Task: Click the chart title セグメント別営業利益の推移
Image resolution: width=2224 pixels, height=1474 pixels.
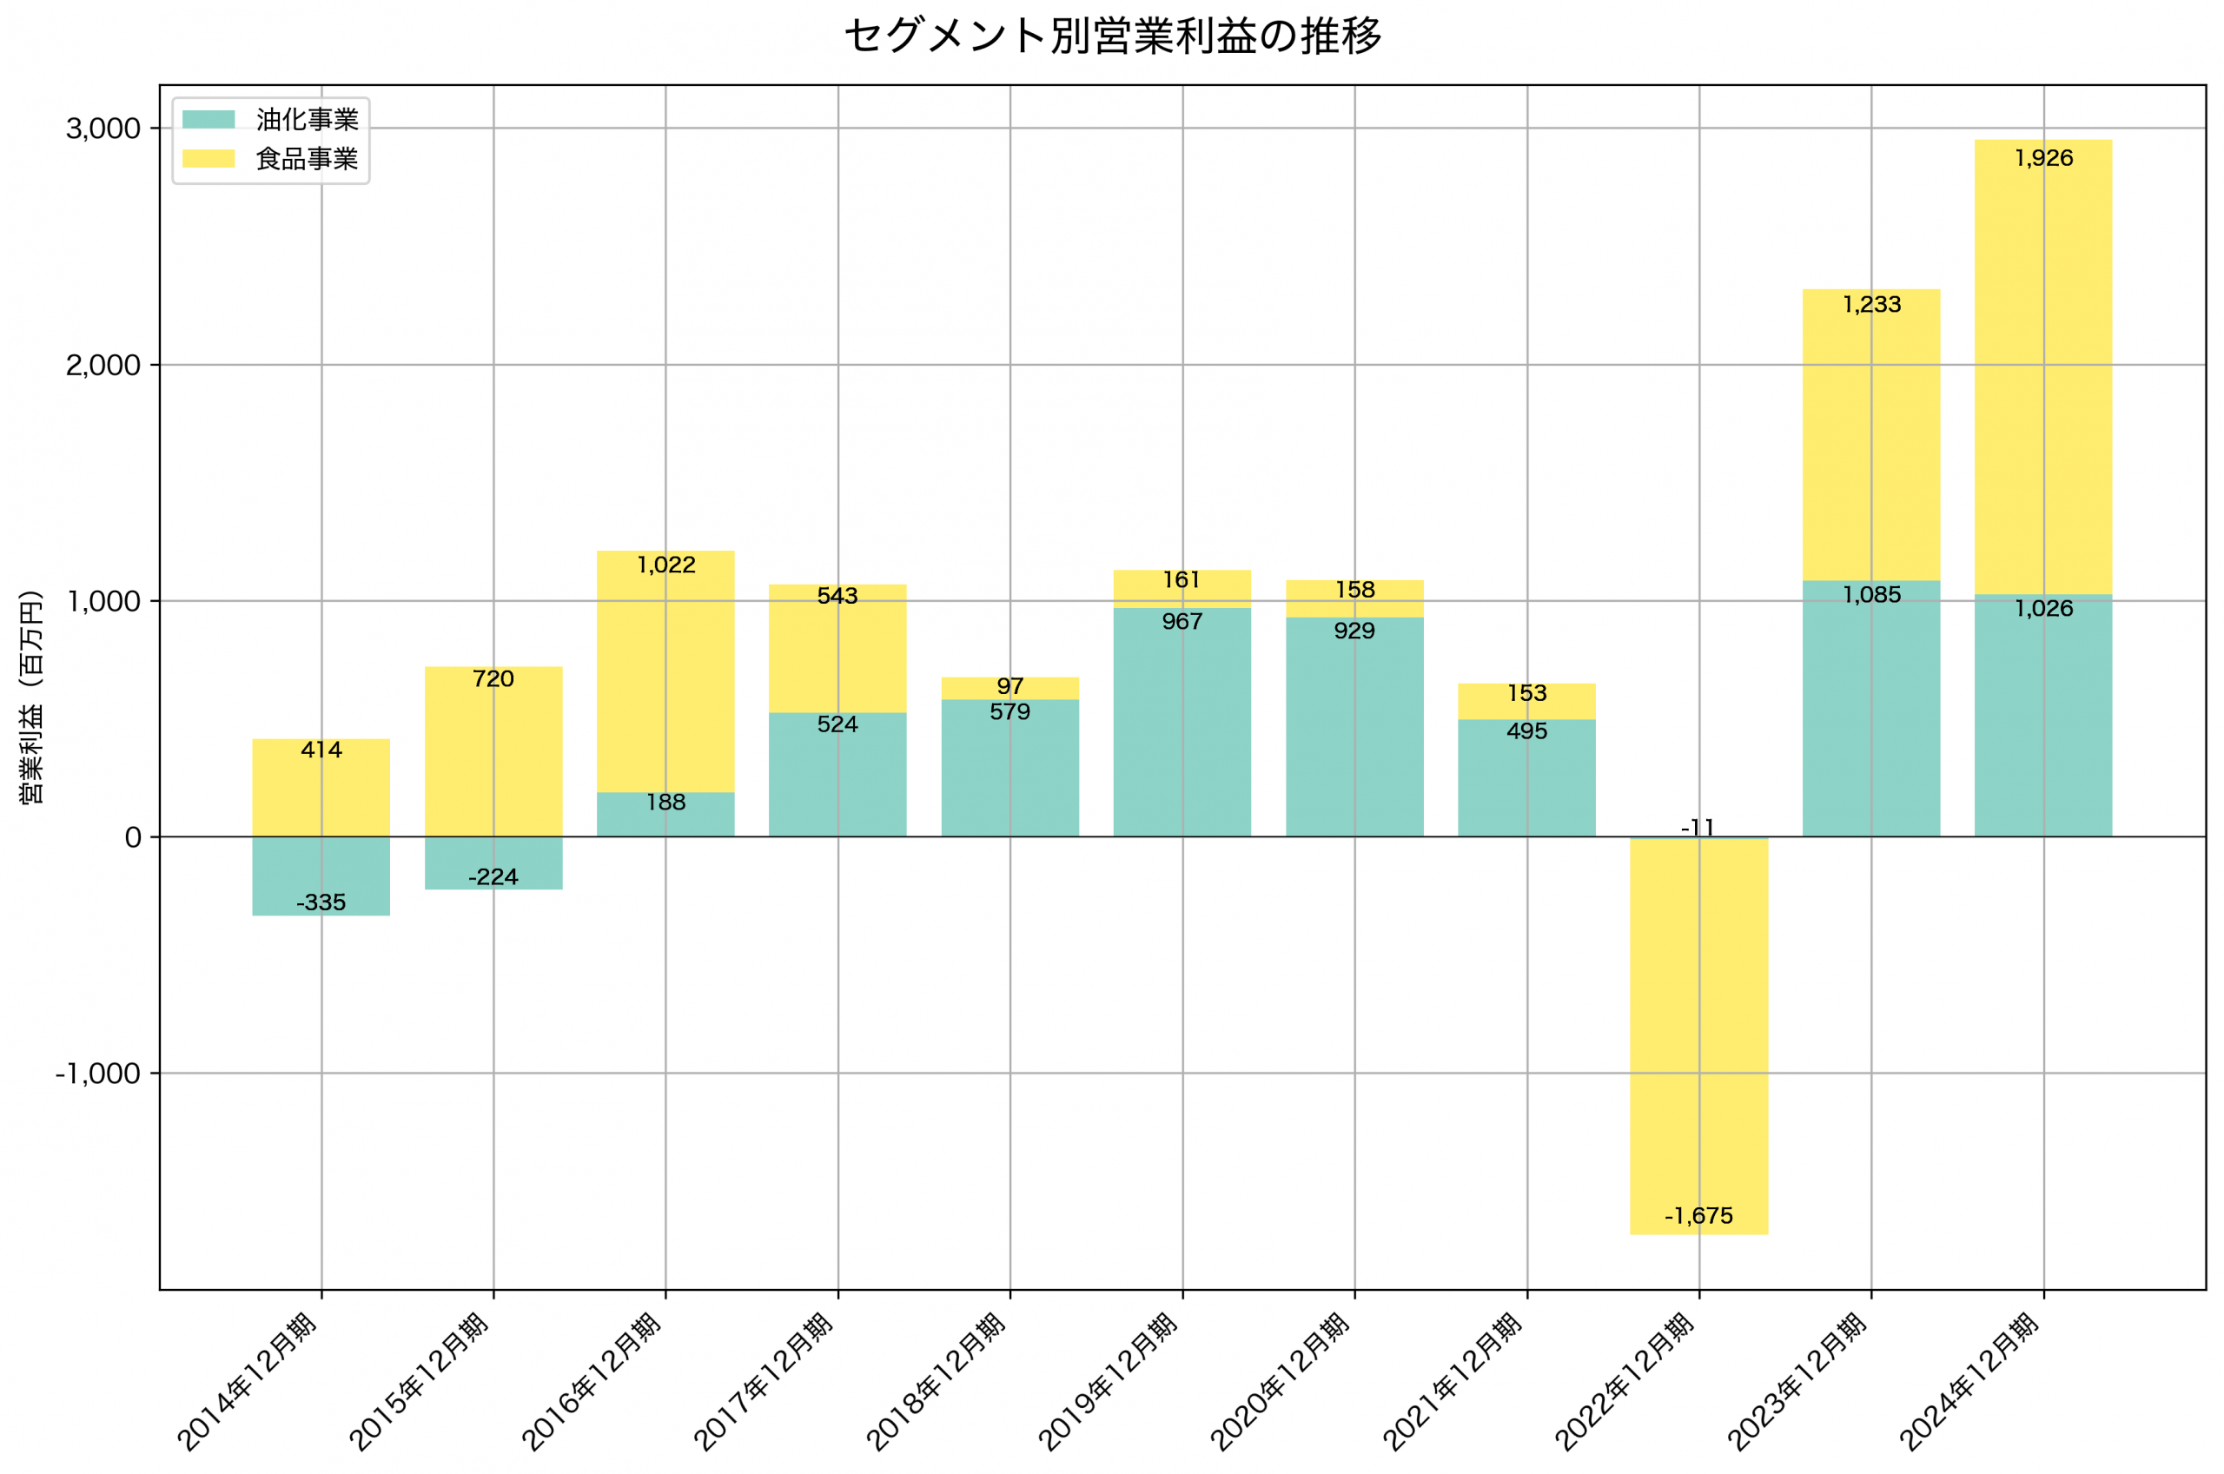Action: [1112, 36]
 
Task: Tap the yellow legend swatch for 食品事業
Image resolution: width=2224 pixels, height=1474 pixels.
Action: [208, 159]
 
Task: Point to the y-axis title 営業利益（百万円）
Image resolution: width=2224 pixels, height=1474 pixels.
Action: [31, 697]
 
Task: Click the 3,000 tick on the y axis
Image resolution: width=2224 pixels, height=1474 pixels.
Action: [103, 129]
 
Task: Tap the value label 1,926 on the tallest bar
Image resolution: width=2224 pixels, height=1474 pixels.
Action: [2042, 158]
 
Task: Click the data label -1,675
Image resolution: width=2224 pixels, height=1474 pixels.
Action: [1698, 1215]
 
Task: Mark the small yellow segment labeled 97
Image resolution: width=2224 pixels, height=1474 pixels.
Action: [1009, 688]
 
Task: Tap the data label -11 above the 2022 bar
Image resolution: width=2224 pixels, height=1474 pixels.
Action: [1698, 827]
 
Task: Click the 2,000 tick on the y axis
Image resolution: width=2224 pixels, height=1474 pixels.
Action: [103, 366]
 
